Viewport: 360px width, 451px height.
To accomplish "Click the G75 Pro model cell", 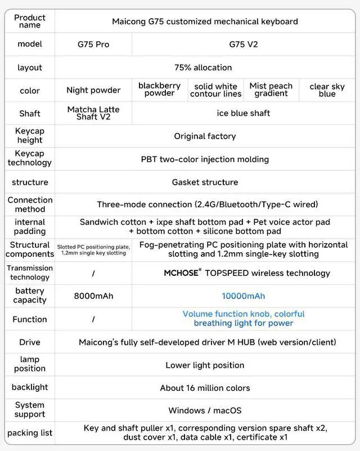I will pyautogui.click(x=93, y=44).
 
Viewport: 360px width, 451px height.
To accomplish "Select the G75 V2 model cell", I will pyautogui.click(x=244, y=44).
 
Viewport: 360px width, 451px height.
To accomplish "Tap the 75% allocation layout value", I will pyautogui.click(x=203, y=68).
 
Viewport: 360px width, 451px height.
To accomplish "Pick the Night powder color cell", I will pyautogui.click(x=93, y=90).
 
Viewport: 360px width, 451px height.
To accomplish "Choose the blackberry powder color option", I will pyautogui.click(x=159, y=90).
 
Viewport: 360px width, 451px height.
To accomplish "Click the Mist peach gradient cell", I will pyautogui.click(x=271, y=90).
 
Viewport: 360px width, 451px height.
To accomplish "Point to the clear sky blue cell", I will pyautogui.click(x=327, y=90).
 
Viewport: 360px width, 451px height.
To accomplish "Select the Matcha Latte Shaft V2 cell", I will pyautogui.click(x=93, y=113).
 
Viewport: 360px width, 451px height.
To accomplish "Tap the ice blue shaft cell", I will pyautogui.click(x=244, y=113).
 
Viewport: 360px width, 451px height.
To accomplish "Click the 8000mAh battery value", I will pyautogui.click(x=93, y=296).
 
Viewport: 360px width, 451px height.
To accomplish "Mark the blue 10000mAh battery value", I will pyautogui.click(x=243, y=296).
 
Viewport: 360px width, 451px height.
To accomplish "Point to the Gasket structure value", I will pyautogui.click(x=205, y=182).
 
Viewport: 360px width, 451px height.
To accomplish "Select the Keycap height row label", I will pyautogui.click(x=30, y=136).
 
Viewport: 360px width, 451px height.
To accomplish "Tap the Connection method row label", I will pyautogui.click(x=30, y=204).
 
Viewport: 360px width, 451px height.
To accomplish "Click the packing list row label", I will pyautogui.click(x=30, y=433).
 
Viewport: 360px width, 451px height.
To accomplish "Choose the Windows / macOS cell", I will pyautogui.click(x=205, y=410).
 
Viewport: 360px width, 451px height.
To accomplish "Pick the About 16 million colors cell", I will pyautogui.click(x=205, y=388).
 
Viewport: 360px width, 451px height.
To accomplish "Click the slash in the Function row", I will pyautogui.click(x=93, y=319).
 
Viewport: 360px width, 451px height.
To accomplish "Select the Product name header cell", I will pyautogui.click(x=30, y=21).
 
